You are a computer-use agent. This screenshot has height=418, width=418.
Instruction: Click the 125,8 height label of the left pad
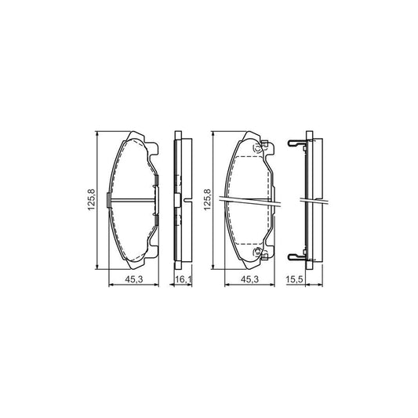91,202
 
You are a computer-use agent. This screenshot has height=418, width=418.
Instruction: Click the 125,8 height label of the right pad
208,202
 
